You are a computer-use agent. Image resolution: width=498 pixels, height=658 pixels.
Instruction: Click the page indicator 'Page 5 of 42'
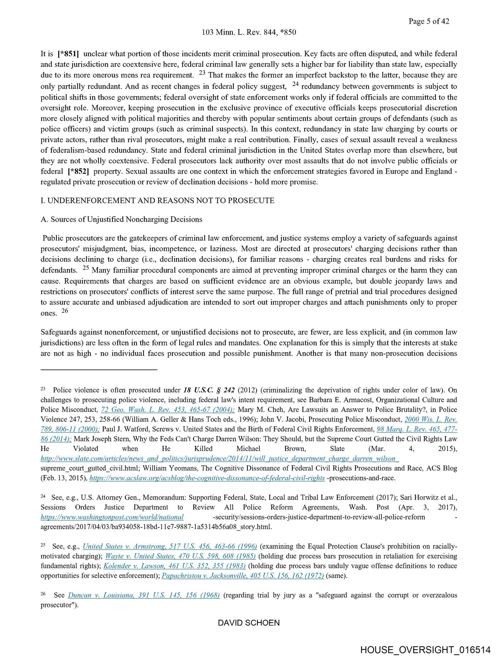(x=428, y=21)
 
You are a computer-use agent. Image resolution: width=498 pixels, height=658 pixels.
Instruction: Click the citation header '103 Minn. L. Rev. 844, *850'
(x=249, y=32)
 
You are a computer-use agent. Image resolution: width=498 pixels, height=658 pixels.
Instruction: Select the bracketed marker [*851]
(x=68, y=54)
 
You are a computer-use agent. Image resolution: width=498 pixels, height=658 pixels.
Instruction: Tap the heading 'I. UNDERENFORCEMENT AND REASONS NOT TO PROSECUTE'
(x=157, y=200)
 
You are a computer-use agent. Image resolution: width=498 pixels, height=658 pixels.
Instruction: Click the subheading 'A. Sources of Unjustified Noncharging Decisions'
(x=121, y=219)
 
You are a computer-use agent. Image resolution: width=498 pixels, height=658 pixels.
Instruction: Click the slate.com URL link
(x=219, y=459)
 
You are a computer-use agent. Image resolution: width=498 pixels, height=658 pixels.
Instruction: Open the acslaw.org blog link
(x=207, y=478)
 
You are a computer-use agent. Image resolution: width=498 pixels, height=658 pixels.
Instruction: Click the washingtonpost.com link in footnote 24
(x=112, y=517)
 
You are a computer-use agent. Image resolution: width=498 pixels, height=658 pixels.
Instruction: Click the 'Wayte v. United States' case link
(x=180, y=556)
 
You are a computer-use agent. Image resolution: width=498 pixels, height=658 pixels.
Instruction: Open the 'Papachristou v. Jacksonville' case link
(x=243, y=576)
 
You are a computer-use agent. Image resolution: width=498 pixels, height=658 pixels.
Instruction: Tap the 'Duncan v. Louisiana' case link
(x=144, y=595)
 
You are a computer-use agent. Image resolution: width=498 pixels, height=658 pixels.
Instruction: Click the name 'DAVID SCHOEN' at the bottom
(x=249, y=623)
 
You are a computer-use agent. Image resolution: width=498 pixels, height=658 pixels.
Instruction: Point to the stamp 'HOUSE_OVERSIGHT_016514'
(x=425, y=650)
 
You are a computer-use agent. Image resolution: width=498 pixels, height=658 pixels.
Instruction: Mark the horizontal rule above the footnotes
(x=99, y=370)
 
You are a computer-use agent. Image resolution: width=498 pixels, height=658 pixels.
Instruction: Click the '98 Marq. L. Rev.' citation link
(x=417, y=429)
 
